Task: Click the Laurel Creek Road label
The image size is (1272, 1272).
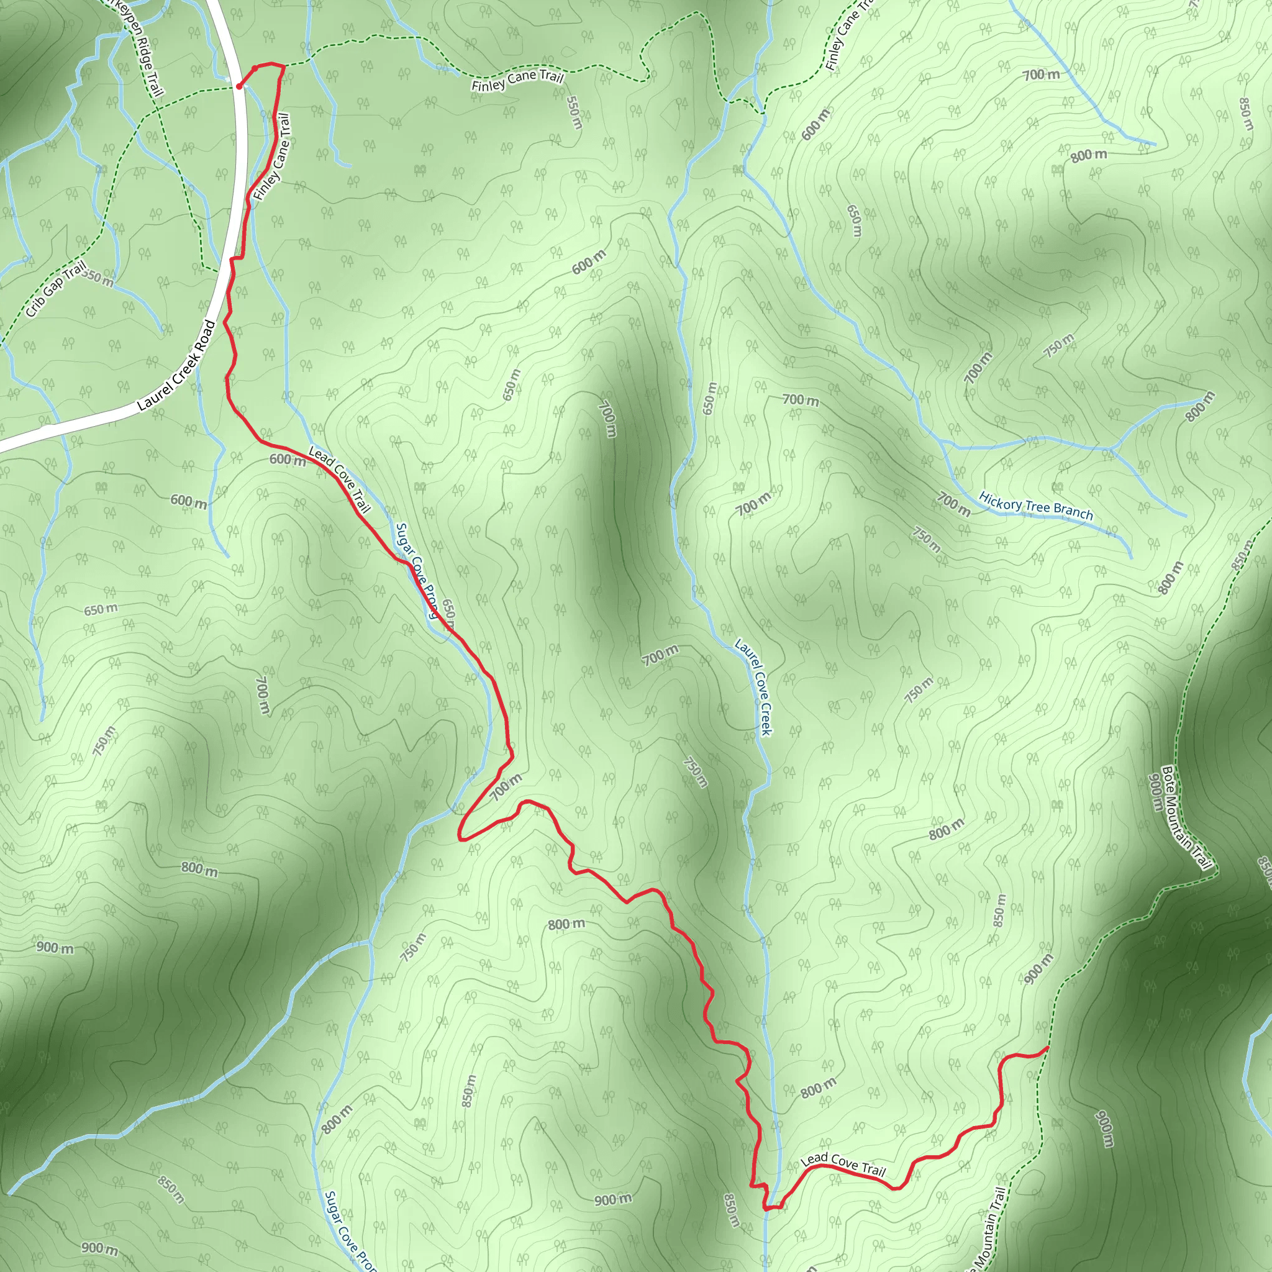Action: click(176, 366)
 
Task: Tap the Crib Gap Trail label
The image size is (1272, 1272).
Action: click(56, 289)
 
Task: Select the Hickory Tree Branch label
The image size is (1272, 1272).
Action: click(1035, 506)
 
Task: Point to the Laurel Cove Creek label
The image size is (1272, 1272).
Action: click(753, 686)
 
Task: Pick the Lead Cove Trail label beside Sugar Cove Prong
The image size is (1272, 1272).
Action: click(340, 479)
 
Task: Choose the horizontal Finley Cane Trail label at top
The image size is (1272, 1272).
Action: click(517, 80)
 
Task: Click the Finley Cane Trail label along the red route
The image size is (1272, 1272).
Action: click(272, 157)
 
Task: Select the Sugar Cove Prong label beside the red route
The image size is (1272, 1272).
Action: click(417, 571)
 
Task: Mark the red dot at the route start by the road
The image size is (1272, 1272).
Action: click(239, 86)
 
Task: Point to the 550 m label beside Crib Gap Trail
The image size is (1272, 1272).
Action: click(99, 278)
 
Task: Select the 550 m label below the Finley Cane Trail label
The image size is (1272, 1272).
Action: click(574, 112)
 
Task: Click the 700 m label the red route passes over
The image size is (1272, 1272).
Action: click(506, 787)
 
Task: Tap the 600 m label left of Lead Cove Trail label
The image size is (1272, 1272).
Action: click(288, 460)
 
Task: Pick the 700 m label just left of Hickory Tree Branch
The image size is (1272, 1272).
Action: click(953, 504)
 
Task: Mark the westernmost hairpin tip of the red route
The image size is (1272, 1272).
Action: click(460, 837)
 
